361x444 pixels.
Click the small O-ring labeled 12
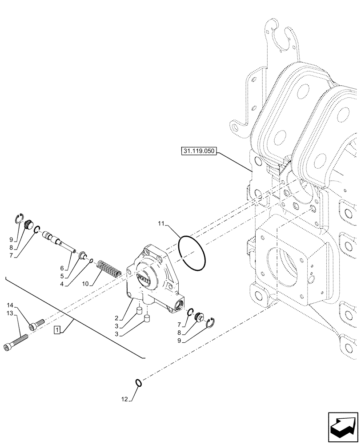(x=139, y=382)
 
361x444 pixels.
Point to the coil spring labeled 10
(x=109, y=268)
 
